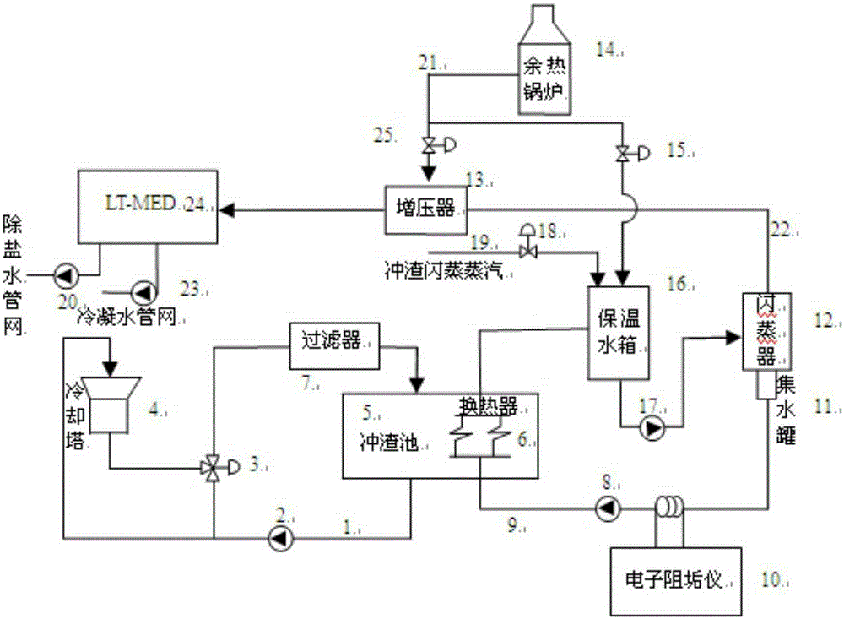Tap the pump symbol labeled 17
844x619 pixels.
coord(652,430)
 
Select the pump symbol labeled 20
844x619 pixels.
coord(62,274)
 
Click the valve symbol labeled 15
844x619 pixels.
coord(624,154)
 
